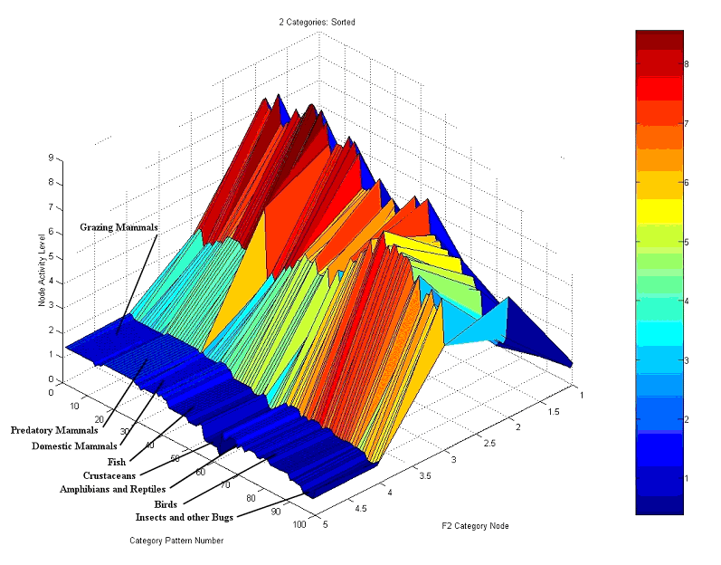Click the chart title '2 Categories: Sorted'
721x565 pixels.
(311, 22)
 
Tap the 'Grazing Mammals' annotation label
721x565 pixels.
(119, 226)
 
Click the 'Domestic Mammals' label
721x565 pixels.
(75, 445)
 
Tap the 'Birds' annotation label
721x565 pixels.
(166, 503)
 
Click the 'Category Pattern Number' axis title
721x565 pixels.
(176, 541)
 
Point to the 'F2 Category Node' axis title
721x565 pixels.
(476, 525)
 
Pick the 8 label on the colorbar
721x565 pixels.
(688, 64)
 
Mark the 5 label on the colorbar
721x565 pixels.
(688, 242)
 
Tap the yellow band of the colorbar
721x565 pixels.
(659, 211)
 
